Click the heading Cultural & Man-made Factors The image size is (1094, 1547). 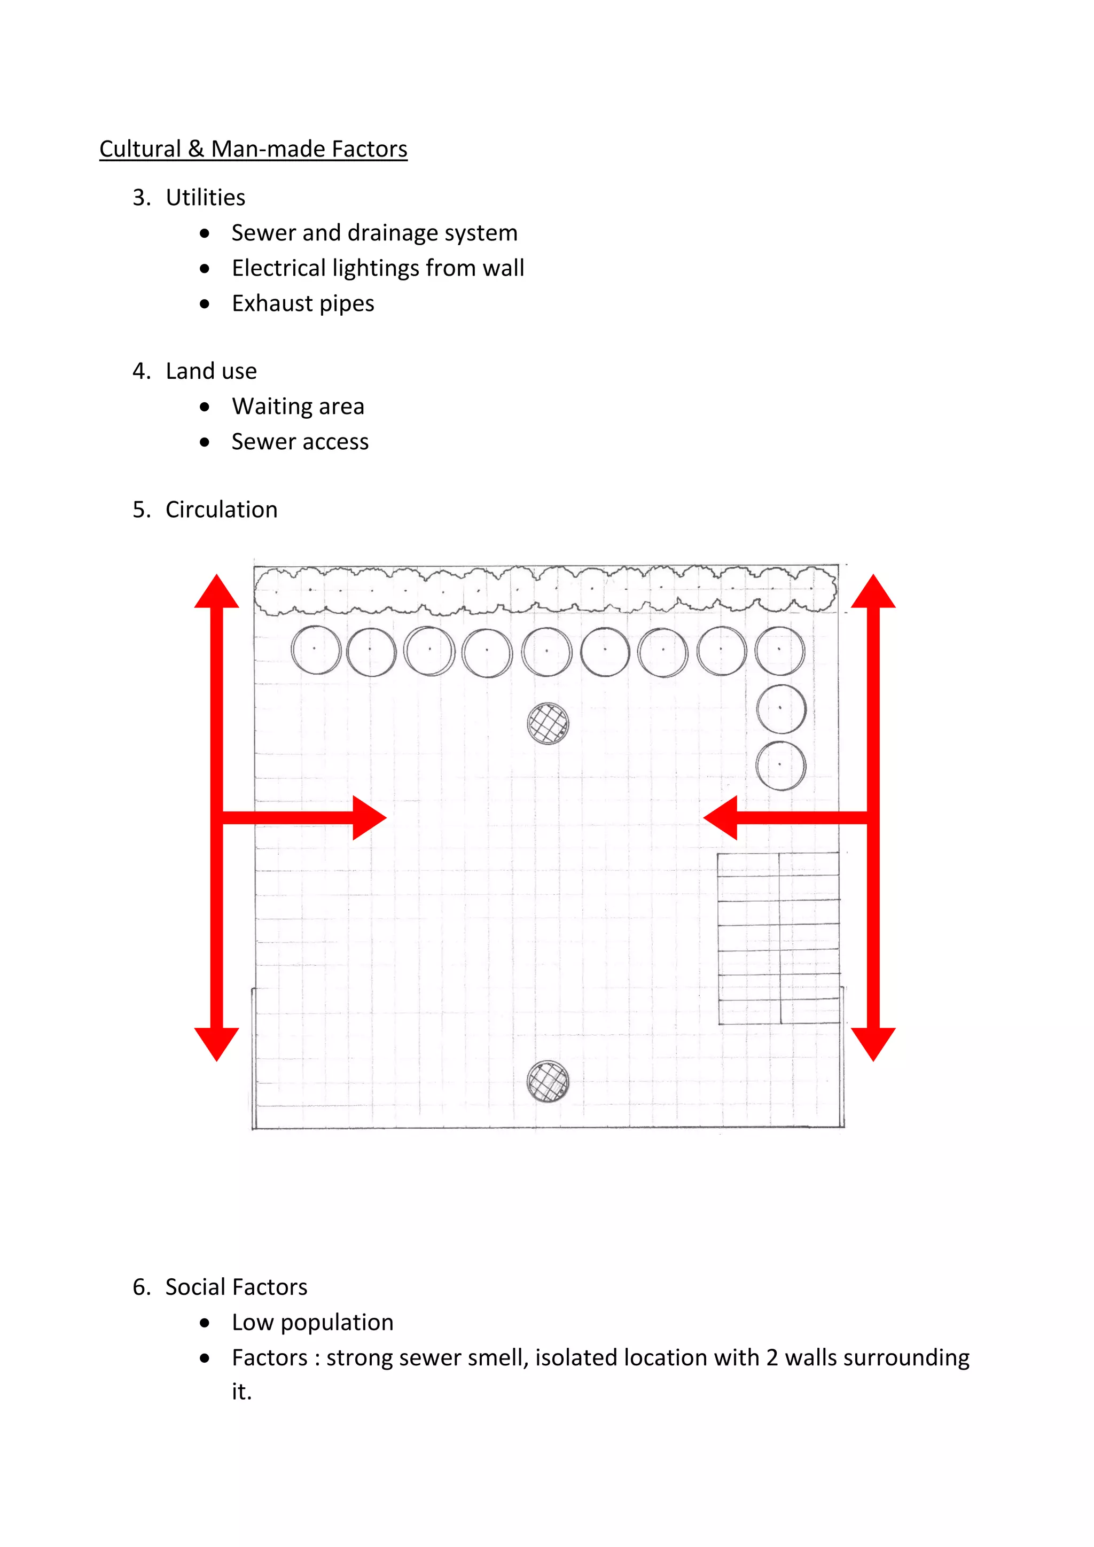coord(253,149)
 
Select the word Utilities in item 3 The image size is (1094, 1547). coord(206,198)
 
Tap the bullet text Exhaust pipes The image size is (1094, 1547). coord(302,303)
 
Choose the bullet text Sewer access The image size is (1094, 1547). coord(300,442)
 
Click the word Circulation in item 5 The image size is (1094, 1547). coord(221,510)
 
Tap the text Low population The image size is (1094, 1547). coord(312,1322)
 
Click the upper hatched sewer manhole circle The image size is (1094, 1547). coord(548,724)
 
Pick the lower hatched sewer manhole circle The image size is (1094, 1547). coord(548,1081)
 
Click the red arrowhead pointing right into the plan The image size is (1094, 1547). coord(369,818)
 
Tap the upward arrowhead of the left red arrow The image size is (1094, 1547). coord(216,592)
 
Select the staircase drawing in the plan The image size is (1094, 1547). coord(779,938)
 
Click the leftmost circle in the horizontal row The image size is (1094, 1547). coord(316,650)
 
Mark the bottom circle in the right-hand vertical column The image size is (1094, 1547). coord(781,766)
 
